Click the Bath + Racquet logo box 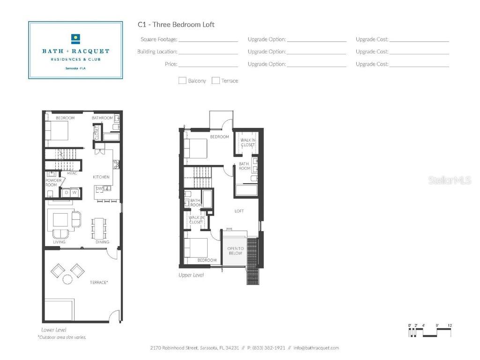[x=75, y=50]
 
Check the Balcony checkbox [x=182, y=81]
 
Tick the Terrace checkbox [x=216, y=81]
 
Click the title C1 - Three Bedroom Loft [x=176, y=24]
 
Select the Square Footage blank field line [x=208, y=40]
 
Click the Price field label [x=171, y=64]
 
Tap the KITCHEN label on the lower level [x=101, y=177]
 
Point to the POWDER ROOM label [x=51, y=182]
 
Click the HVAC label [x=72, y=173]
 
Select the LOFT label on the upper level [x=239, y=211]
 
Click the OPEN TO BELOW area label [x=235, y=250]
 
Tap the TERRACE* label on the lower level [x=99, y=282]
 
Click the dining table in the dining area [x=99, y=228]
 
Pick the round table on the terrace [x=67, y=280]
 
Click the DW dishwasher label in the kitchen [x=99, y=188]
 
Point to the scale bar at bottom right [x=430, y=331]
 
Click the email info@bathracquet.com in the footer [x=316, y=348]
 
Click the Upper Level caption [x=191, y=275]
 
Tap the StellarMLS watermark [x=449, y=180]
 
